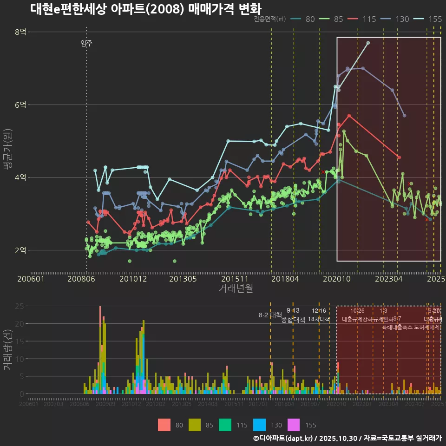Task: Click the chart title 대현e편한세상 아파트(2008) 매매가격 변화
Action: (146, 9)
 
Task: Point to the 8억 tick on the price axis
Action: (20, 32)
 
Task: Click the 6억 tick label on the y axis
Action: (20, 105)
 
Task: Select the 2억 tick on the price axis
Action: (20, 250)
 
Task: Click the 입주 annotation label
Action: (86, 44)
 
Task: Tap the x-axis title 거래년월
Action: (236, 289)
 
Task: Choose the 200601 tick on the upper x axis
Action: (31, 279)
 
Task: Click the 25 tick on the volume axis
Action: (20, 306)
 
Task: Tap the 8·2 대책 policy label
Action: (270, 315)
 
